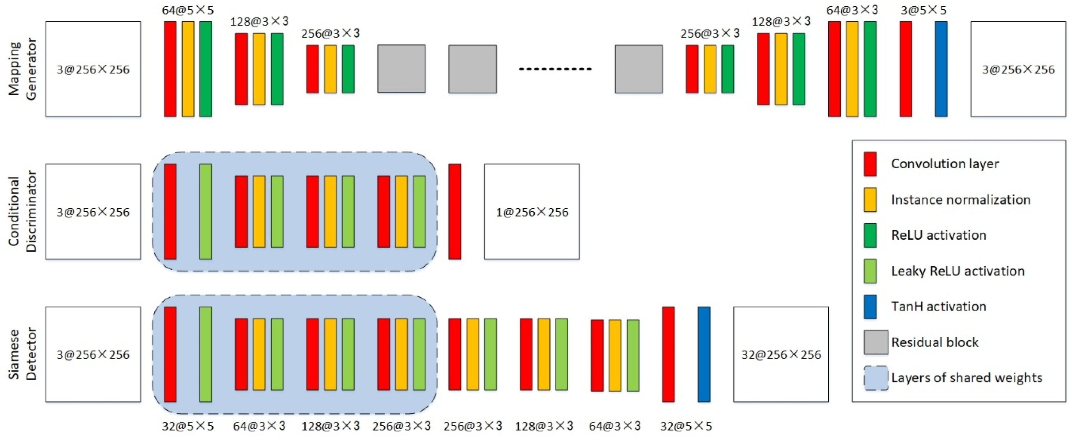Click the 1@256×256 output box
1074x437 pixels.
coord(532,212)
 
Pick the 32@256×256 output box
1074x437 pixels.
coord(781,354)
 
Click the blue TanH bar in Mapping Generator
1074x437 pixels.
coord(941,69)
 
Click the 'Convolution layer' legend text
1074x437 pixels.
coord(944,164)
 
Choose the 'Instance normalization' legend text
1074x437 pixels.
coord(960,199)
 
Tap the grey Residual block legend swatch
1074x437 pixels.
coord(875,342)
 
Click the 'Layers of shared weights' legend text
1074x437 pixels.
coord(967,378)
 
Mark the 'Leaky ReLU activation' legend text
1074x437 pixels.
coord(958,271)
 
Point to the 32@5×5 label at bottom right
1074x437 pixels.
coord(686,426)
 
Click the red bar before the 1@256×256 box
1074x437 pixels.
coord(454,212)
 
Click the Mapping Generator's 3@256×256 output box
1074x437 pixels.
coord(1018,69)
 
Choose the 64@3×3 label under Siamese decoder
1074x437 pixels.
coord(615,426)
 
